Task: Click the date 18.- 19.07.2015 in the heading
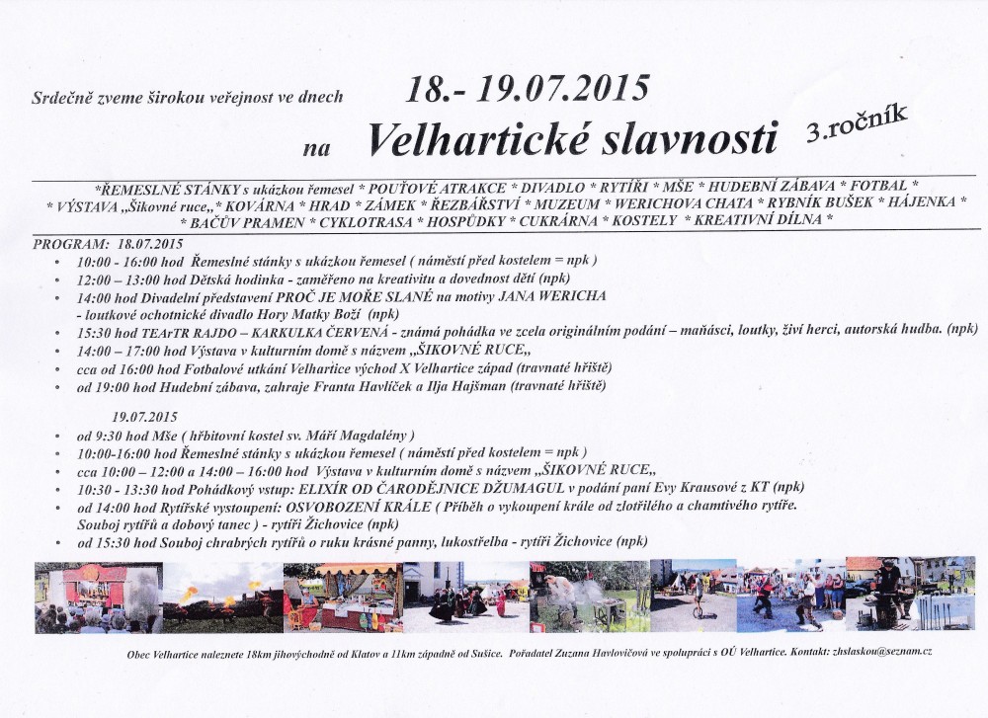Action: [528, 89]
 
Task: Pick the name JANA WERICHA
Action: [559, 296]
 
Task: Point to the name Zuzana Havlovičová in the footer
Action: [629, 654]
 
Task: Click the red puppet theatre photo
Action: [97, 597]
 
